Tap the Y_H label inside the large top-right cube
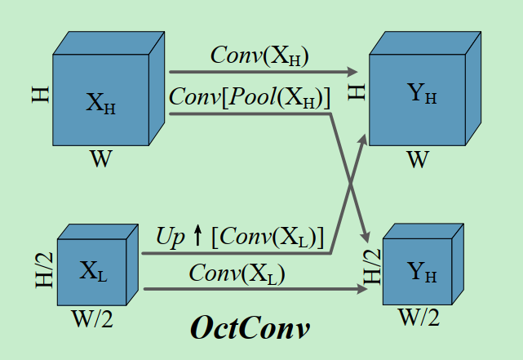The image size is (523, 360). coord(421,94)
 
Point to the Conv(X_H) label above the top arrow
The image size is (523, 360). coord(259,56)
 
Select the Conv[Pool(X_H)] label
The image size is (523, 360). coord(249,98)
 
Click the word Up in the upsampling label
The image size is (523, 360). coord(170,238)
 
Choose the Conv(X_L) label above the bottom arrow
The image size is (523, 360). coord(237,273)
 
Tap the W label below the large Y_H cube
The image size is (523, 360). coord(417,159)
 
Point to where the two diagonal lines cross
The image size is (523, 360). coord(351,184)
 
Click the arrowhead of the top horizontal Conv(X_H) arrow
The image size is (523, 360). coord(356,72)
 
